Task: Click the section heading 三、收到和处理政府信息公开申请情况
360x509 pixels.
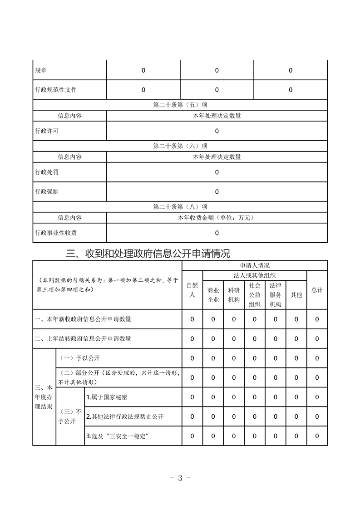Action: [x=148, y=253]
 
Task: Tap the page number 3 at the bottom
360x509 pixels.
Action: [x=180, y=478]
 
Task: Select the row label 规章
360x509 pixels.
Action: [x=41, y=70]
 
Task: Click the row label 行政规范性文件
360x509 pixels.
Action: [x=56, y=90]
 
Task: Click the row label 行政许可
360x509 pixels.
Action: [x=47, y=131]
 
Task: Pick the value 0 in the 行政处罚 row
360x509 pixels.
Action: [x=217, y=172]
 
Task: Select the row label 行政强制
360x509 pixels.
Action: [x=47, y=192]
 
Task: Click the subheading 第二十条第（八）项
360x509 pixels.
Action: [x=180, y=207]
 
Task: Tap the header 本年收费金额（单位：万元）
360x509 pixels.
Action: [x=217, y=218]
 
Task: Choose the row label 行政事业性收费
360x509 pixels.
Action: [x=56, y=233]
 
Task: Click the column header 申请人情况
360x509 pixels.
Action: [x=255, y=265]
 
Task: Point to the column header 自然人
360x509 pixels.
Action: [x=192, y=290]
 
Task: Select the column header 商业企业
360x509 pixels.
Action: [x=213, y=294]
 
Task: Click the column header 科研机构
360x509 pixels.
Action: [x=234, y=294]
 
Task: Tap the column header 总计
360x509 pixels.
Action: [x=317, y=290]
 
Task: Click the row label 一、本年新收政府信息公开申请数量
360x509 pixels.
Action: [x=83, y=319]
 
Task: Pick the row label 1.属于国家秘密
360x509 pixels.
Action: [x=107, y=397]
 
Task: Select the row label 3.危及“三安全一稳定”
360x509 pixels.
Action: [x=118, y=436]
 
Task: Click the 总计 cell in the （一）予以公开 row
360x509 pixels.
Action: [x=317, y=358]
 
